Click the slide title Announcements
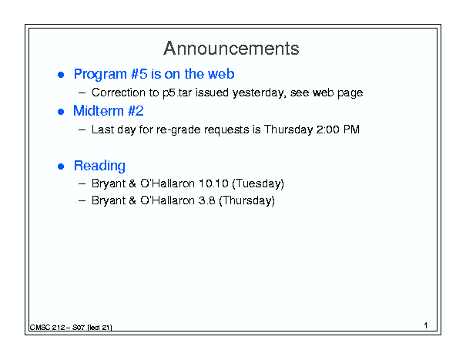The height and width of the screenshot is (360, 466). click(231, 49)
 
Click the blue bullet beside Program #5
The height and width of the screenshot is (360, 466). click(61, 75)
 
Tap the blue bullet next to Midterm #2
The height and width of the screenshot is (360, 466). click(61, 112)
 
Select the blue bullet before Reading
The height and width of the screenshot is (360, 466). click(61, 167)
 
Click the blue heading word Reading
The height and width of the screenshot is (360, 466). click(99, 166)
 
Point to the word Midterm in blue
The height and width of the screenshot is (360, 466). click(99, 111)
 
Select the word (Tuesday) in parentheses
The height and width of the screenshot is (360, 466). click(258, 183)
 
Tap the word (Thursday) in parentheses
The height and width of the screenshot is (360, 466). click(246, 200)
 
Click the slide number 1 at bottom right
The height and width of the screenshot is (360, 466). click(426, 325)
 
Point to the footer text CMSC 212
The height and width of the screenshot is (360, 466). click(47, 328)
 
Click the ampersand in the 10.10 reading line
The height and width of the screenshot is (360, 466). click(132, 183)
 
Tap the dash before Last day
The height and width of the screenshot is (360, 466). click(82, 130)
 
